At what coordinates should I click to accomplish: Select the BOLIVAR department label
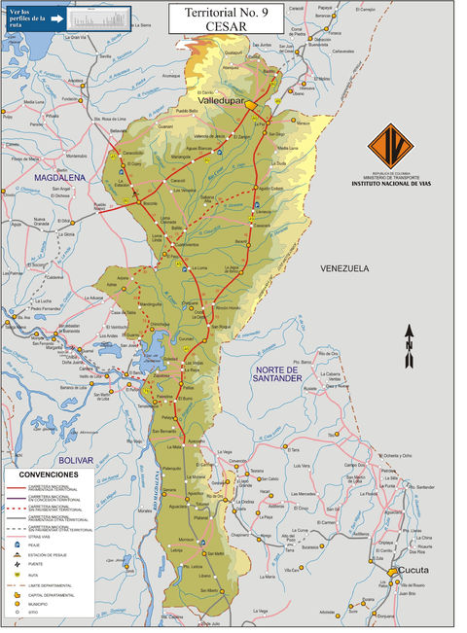click(74, 459)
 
